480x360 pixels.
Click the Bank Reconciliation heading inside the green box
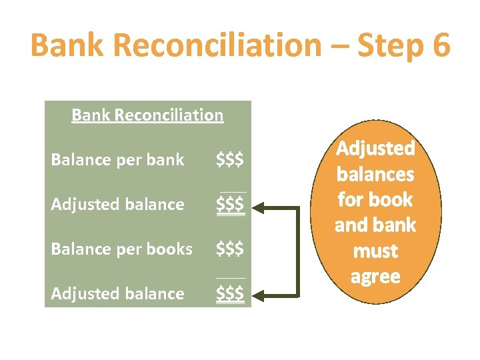click(147, 115)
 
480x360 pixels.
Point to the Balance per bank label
click(117, 160)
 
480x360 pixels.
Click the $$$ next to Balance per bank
click(230, 160)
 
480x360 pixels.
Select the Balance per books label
click(122, 249)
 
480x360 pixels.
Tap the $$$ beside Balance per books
click(230, 249)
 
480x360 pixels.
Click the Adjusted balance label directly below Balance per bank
click(117, 204)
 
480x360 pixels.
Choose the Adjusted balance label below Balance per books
click(117, 293)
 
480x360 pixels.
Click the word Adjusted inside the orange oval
click(375, 148)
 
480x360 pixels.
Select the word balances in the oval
click(375, 174)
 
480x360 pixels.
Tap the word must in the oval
click(375, 251)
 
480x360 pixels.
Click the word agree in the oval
click(375, 277)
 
